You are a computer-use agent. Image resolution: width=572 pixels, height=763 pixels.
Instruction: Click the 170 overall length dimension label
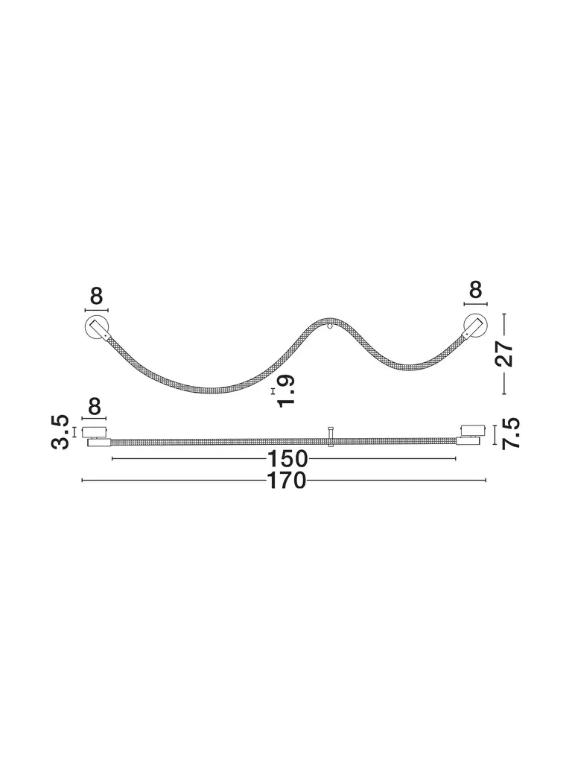(x=287, y=481)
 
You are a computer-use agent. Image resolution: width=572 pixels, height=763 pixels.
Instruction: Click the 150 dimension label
(x=288, y=459)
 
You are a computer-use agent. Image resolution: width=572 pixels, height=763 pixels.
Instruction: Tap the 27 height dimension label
(x=504, y=354)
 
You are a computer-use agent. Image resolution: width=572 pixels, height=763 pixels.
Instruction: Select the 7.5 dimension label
(x=511, y=433)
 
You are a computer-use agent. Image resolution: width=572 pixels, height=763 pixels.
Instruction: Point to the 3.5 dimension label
(x=61, y=432)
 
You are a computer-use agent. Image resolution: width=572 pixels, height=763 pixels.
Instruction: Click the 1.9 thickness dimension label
(x=285, y=390)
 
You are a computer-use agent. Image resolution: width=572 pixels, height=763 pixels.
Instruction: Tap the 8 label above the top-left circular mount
(x=96, y=296)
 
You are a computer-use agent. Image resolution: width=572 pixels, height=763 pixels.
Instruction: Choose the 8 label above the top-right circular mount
(x=475, y=290)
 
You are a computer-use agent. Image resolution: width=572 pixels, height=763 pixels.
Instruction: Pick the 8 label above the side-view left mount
(x=95, y=407)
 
